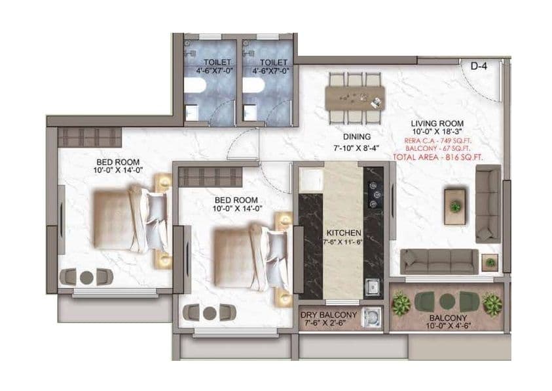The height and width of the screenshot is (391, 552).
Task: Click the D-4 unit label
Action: [479, 65]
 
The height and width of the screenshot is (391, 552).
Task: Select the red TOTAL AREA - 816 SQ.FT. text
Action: [437, 157]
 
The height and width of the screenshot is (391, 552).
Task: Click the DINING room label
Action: [347, 138]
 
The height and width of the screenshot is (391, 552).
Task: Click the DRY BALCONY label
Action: [329, 315]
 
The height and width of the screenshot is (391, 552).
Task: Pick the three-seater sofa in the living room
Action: [439, 261]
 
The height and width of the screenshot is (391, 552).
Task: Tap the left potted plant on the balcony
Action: [401, 304]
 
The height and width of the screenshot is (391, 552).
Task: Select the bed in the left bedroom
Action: [128, 220]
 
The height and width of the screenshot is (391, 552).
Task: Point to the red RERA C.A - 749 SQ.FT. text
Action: [437, 140]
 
